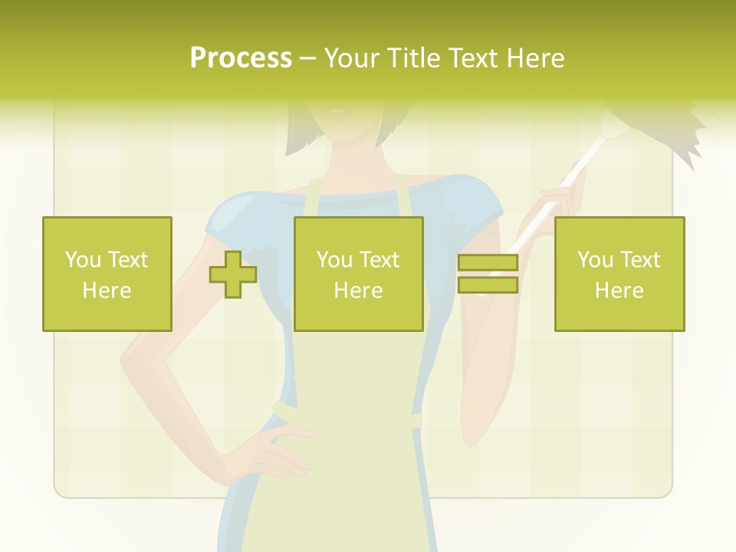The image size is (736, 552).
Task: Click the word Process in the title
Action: coord(241,58)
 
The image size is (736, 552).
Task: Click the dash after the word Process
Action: coord(307,59)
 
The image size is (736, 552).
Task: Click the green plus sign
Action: coord(233,274)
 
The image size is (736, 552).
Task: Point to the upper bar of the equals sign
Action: coord(488,263)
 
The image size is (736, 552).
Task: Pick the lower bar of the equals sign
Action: coord(488,285)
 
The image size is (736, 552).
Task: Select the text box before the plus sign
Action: coord(107,274)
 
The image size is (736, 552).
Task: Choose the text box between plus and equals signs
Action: coord(358,274)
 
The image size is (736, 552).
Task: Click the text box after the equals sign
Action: coord(619,274)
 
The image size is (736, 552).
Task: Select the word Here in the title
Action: coord(534,58)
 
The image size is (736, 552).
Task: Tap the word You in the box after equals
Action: coord(594,260)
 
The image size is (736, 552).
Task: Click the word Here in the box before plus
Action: coord(107,291)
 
